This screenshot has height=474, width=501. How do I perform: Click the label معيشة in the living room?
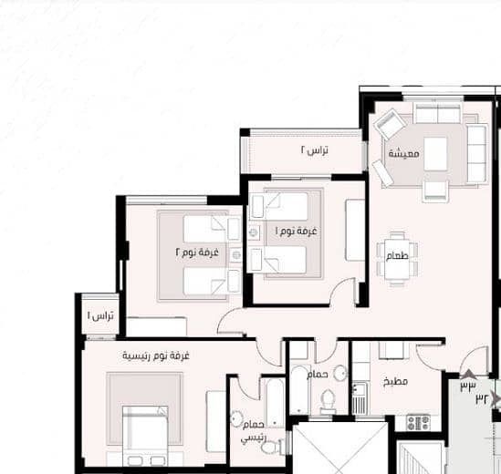[403, 154]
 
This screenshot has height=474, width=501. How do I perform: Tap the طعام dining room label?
[397, 255]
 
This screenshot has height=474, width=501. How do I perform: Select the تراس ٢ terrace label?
[315, 150]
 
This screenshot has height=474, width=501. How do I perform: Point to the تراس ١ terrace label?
[100, 316]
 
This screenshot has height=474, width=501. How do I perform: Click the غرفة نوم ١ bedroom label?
[297, 232]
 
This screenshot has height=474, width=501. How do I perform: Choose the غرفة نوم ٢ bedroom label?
[197, 252]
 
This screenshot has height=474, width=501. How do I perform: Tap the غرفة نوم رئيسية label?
[156, 355]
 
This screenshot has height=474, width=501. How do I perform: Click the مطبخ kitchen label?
[395, 381]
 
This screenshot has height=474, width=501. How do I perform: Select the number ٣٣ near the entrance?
[468, 386]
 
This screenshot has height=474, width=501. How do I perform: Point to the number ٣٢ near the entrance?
[482, 398]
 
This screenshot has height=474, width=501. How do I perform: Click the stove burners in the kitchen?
[419, 422]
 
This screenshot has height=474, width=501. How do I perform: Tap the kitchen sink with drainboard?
[360, 398]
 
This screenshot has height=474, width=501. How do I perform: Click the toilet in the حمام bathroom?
[328, 402]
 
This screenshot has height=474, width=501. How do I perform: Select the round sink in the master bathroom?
[236, 418]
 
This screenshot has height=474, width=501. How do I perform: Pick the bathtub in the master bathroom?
[275, 403]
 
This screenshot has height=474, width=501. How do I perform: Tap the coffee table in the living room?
[435, 154]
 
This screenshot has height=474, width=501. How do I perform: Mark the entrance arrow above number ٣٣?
[468, 375]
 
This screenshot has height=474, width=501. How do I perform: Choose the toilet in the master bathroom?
[272, 446]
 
